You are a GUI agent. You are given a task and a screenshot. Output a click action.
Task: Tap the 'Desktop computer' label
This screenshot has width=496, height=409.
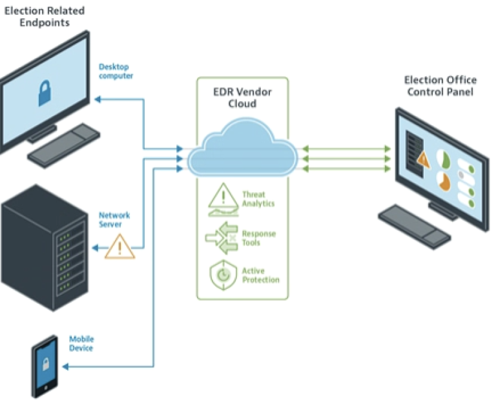pos(116,71)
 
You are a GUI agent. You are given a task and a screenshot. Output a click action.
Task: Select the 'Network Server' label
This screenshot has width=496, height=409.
pos(114,219)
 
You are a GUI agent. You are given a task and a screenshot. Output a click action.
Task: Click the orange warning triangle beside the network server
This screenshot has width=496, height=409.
pos(119,246)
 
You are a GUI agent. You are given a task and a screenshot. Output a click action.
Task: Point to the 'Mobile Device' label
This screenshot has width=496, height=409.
pos(81,343)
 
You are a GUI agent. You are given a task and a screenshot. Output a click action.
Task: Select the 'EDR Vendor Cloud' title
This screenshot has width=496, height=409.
pos(242,97)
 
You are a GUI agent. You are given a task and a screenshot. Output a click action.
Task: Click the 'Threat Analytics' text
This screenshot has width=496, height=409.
pos(258,199)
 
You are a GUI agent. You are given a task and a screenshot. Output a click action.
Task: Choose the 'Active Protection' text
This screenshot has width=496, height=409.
pos(260,275)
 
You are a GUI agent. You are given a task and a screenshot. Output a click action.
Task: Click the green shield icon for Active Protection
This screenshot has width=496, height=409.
pos(222,274)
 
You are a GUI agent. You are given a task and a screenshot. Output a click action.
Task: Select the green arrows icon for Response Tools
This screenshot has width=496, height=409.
pos(221,237)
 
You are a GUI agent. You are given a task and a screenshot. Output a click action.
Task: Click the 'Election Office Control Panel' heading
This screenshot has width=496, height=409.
pos(440,86)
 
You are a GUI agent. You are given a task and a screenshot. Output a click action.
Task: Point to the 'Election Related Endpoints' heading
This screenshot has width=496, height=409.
pos(45,17)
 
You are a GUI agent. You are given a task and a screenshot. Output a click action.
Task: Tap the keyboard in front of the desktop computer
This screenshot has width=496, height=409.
pos(63,146)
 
